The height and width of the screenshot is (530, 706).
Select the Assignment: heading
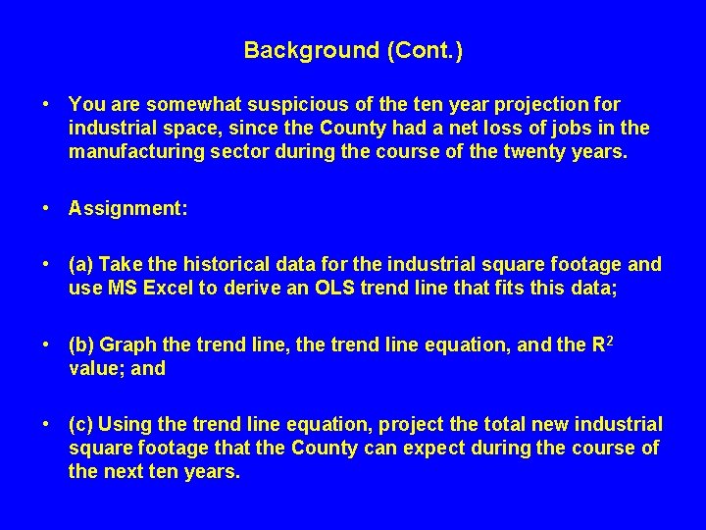point(128,208)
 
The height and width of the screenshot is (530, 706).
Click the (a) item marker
point(81,264)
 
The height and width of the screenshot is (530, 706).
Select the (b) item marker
point(81,344)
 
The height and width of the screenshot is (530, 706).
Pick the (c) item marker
point(81,424)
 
